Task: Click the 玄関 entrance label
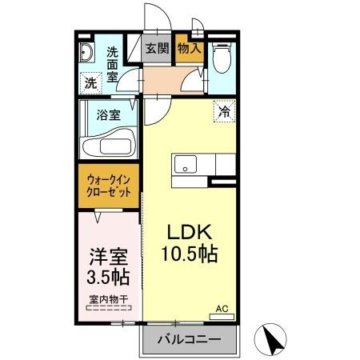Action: (x=156, y=47)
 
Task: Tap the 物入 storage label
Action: (x=190, y=47)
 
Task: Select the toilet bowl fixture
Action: (x=222, y=58)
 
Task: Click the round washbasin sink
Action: (x=87, y=54)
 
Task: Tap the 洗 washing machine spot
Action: (x=91, y=82)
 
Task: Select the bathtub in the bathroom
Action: (x=109, y=144)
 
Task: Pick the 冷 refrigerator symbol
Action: (x=224, y=112)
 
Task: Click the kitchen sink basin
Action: (x=186, y=166)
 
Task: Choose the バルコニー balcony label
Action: (x=189, y=340)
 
